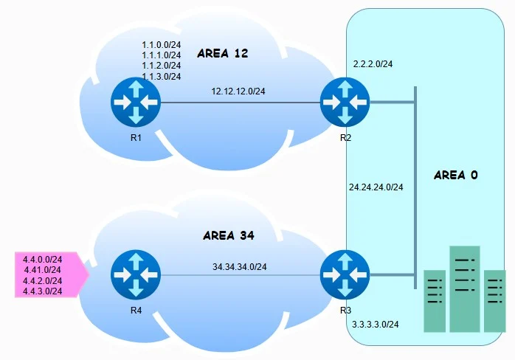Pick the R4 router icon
click(136, 274)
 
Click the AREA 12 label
click(223, 54)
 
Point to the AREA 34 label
click(228, 236)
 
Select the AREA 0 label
click(456, 175)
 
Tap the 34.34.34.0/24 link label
click(240, 266)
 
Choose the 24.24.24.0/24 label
click(376, 187)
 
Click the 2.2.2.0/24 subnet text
click(373, 64)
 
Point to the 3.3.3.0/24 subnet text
click(375, 325)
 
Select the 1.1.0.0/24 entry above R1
click(162, 46)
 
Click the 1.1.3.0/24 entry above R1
click(162, 76)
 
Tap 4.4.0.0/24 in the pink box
click(43, 259)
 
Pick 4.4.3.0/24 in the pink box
click(43, 291)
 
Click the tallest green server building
click(465, 288)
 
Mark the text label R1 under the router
click(136, 136)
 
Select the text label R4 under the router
click(136, 310)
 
